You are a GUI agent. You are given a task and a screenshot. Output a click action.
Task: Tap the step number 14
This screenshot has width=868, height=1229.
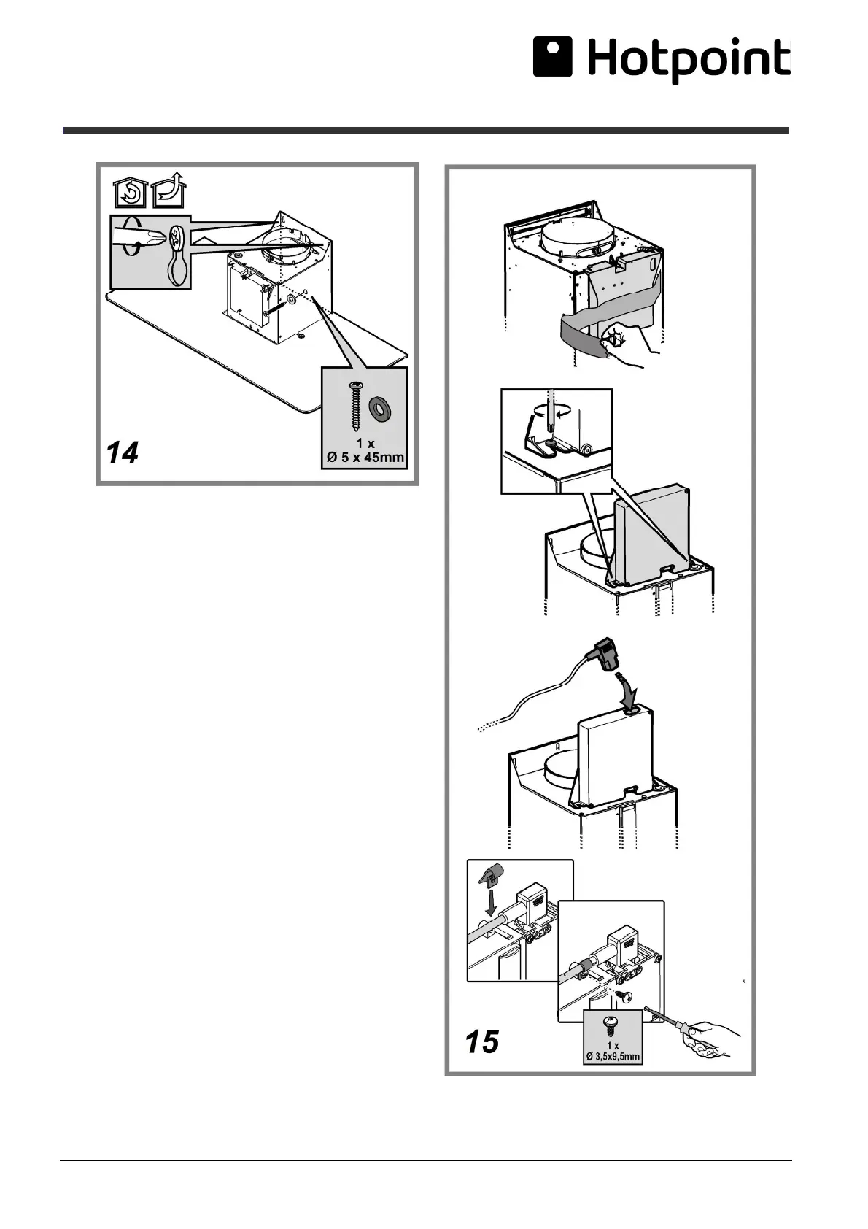[122, 454]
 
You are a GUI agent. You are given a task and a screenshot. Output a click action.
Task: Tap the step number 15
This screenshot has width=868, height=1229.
[483, 1041]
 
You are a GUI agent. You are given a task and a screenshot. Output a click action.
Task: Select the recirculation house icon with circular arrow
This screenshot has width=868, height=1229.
[130, 194]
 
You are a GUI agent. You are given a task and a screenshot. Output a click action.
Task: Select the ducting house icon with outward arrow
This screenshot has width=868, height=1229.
[169, 193]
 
